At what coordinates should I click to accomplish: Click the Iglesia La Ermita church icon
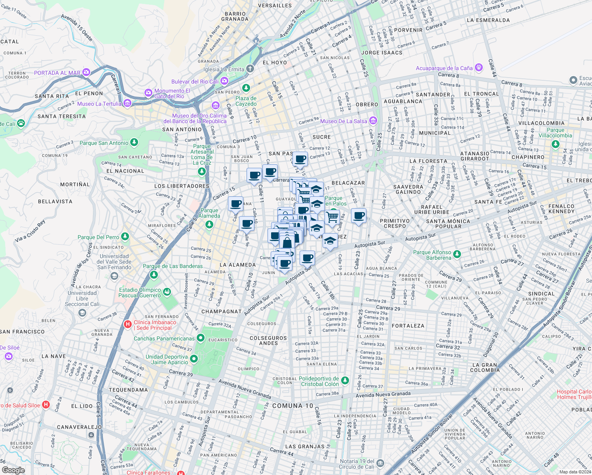(250, 69)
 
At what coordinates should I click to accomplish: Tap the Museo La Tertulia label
(99, 104)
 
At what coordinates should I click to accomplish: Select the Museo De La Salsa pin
(373, 121)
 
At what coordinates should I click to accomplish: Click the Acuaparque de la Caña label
(444, 68)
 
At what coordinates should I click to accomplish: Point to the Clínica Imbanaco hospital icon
(128, 325)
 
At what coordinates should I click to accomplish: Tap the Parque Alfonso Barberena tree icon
(457, 254)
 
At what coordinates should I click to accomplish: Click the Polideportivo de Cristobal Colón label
(319, 382)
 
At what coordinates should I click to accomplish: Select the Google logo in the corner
(13, 470)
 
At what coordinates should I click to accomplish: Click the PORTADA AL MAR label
(57, 73)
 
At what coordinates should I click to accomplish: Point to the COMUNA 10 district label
(292, 406)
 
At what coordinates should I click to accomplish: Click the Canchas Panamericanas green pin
(201, 338)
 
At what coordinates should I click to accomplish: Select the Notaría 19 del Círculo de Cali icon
(380, 463)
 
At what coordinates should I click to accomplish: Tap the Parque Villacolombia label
(555, 133)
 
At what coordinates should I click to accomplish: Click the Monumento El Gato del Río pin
(148, 93)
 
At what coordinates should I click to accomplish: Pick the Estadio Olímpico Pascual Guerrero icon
(167, 292)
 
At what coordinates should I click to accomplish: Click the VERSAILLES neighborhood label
(275, 6)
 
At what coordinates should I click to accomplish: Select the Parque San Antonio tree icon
(134, 142)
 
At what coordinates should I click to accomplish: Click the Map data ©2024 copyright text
(575, 472)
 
